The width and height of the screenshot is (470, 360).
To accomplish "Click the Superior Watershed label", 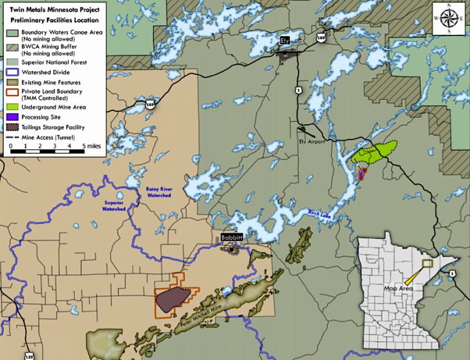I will (114, 206).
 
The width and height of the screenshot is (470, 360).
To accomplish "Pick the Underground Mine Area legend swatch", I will (12, 107).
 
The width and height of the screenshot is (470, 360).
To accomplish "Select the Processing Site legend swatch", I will (12, 117).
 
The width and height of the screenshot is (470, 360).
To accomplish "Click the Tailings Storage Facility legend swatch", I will (12, 127).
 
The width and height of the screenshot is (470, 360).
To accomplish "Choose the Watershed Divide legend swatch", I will (12, 71).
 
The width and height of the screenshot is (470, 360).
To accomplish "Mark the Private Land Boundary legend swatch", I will (12, 94).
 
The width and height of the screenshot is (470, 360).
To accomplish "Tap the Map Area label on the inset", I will (396, 287).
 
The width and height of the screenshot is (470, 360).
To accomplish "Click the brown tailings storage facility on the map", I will (173, 300).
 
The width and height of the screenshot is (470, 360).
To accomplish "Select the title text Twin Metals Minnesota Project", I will (54, 10).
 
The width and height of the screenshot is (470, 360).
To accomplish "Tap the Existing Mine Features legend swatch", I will (12, 81).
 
